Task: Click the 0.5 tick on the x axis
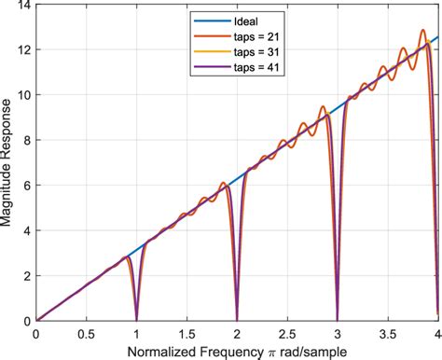pyautogui.click(x=86, y=331)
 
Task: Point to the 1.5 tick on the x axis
pyautogui.click(x=186, y=331)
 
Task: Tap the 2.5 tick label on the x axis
pyautogui.click(x=287, y=331)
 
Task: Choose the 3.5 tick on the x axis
pyautogui.click(x=388, y=331)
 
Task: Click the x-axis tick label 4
pyautogui.click(x=437, y=331)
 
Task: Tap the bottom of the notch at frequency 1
pyautogui.click(x=136, y=319)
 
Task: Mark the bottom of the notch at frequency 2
pyautogui.click(x=237, y=319)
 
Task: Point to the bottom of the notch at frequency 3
pyautogui.click(x=338, y=319)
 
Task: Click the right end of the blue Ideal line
pyautogui.click(x=437, y=37)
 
